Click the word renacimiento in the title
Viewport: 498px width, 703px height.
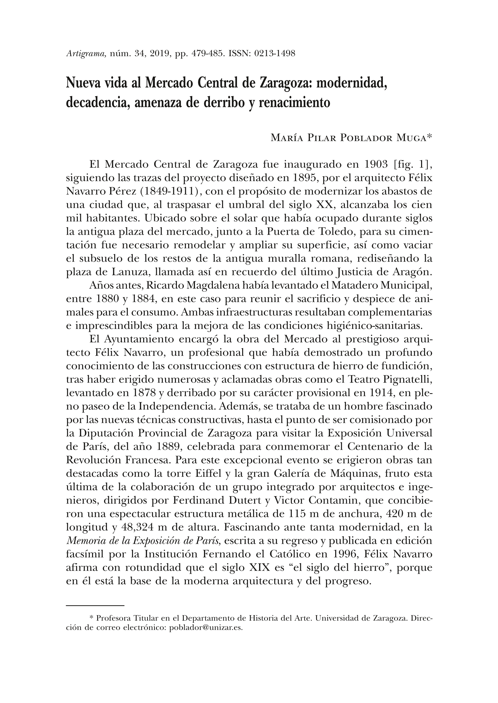(295, 102)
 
